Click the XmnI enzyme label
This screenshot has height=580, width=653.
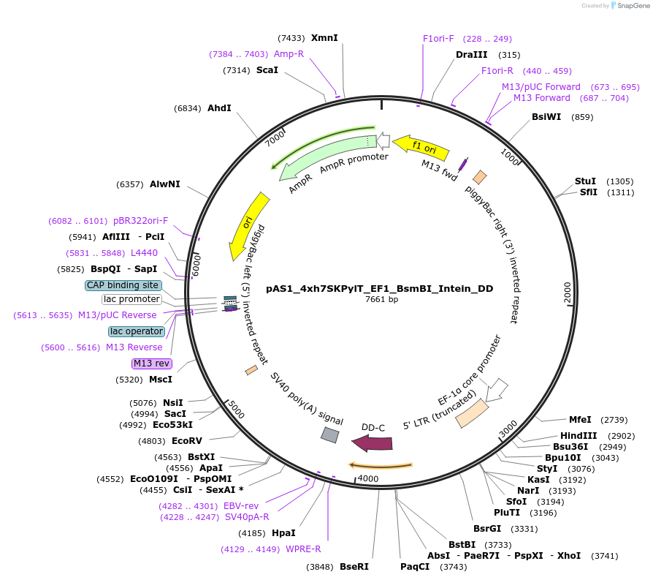tap(324, 38)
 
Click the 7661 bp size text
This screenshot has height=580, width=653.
tap(382, 299)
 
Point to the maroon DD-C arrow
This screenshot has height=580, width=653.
tap(372, 442)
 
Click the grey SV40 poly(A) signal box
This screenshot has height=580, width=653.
tap(330, 435)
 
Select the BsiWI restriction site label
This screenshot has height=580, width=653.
tap(546, 116)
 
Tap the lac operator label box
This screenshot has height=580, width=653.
tap(137, 331)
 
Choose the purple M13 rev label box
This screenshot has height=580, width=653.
tap(151, 364)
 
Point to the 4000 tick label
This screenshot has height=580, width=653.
tap(368, 478)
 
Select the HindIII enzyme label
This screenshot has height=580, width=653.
tap(573, 435)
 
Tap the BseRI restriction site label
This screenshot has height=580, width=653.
tap(354, 566)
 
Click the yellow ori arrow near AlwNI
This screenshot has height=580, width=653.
tap(246, 225)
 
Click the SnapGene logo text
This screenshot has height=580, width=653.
tap(630, 5)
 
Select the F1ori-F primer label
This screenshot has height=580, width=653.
tap(438, 39)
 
